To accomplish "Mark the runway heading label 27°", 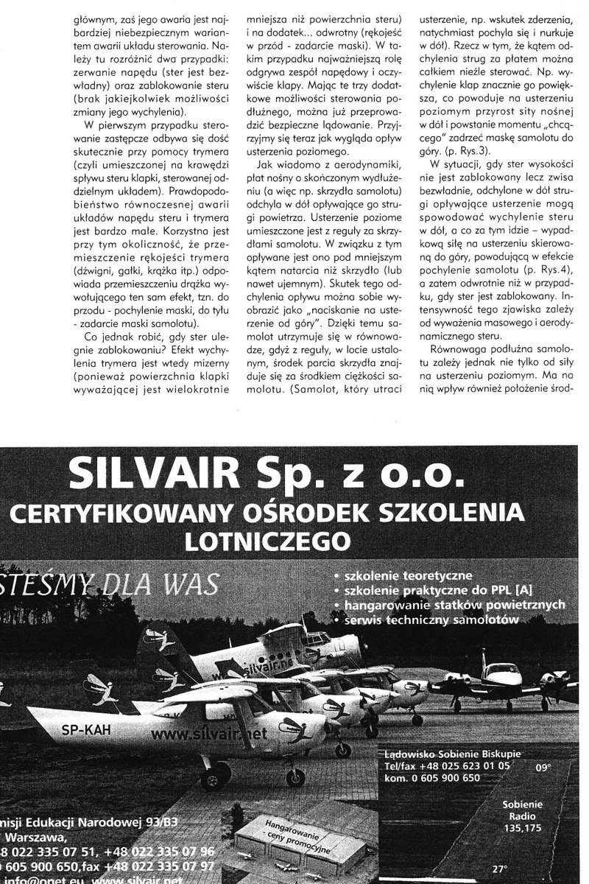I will (501, 868).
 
